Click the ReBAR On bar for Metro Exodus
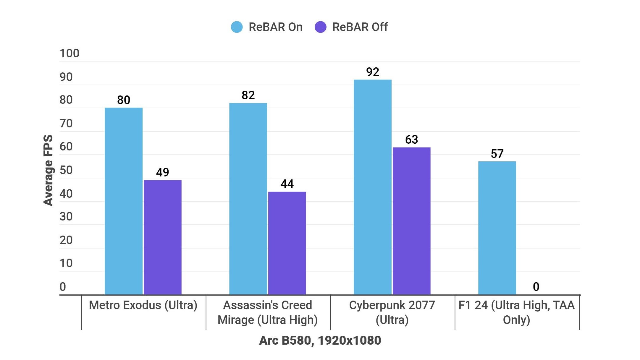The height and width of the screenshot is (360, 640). coord(124,201)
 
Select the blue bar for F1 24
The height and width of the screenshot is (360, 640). coord(497,228)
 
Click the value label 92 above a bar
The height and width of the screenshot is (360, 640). coord(373,72)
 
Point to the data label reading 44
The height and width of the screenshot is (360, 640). coord(287,184)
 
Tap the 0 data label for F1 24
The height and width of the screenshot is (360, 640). coord(536,287)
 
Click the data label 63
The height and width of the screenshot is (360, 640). coord(412,140)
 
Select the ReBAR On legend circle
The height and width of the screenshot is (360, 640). coord(237,27)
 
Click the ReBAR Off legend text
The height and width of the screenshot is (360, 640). coord(360,27)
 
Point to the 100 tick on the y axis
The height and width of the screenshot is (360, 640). coord(70,53)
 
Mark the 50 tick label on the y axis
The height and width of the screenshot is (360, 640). coord(66,170)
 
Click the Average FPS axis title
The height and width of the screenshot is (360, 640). coord(48,170)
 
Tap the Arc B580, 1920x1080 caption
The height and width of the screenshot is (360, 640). coord(320,340)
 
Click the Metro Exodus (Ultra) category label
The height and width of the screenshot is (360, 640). coord(143,305)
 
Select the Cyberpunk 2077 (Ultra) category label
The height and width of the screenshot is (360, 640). coord(392,312)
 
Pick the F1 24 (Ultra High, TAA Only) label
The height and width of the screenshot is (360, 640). coord(516,312)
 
